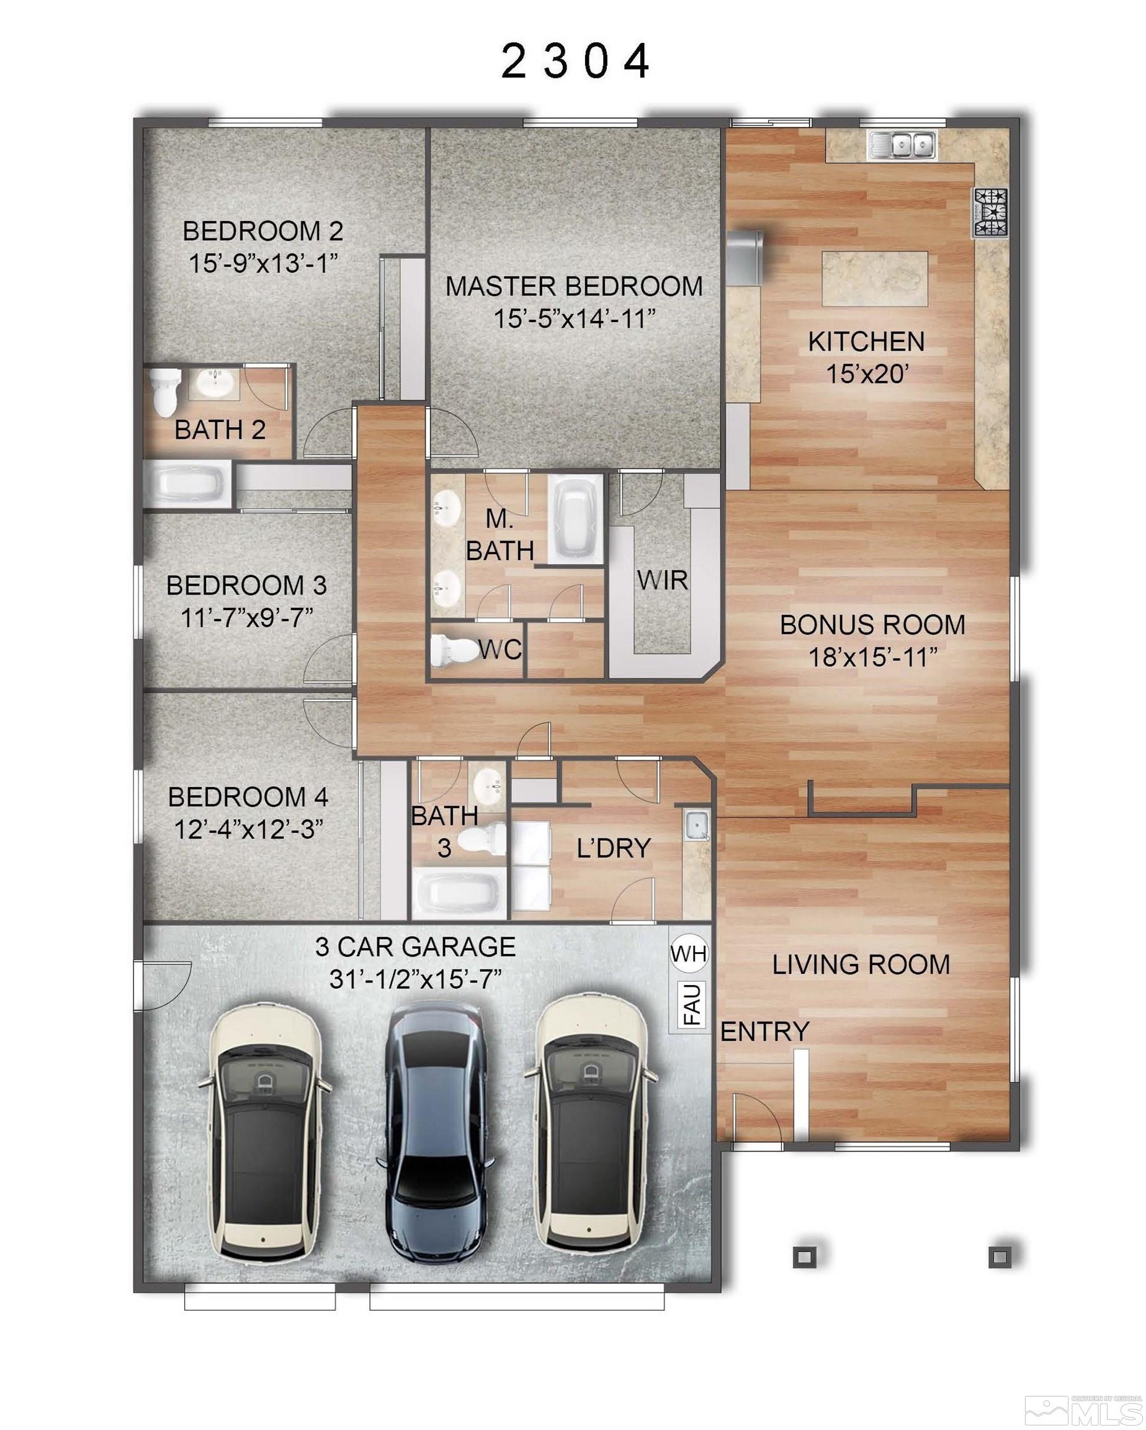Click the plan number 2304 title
tap(575, 61)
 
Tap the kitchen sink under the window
tap(902, 145)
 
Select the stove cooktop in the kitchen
tap(990, 212)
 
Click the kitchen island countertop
tap(875, 279)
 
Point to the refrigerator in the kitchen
tap(745, 257)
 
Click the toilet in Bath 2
tap(164, 392)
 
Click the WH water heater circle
tap(688, 954)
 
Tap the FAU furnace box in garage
tap(691, 1004)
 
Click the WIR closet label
tap(662, 580)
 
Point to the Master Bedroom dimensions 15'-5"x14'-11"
tap(575, 319)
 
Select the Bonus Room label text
tap(872, 625)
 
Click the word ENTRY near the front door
tap(764, 1032)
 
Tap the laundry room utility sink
tap(697, 825)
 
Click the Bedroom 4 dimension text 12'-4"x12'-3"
tap(249, 829)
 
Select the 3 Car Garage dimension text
tap(414, 979)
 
